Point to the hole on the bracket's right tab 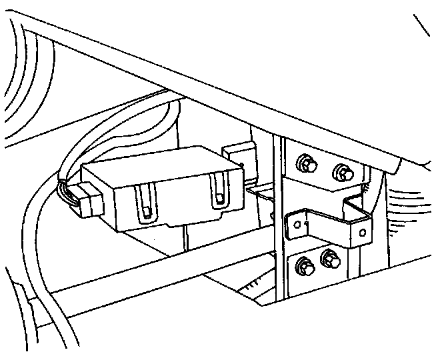coord(362,233)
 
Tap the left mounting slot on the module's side coord(146,203)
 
